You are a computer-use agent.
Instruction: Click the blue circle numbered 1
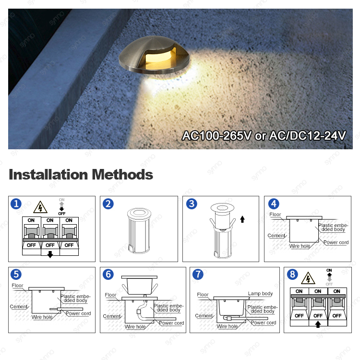16,204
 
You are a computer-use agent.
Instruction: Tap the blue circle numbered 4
274,204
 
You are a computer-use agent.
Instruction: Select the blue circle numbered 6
108,275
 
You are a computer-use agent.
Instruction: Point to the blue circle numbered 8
292,275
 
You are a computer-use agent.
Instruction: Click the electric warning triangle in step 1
40,207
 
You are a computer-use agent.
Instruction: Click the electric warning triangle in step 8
308,278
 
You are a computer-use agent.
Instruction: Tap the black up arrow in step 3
242,219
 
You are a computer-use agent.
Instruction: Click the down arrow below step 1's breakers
50,254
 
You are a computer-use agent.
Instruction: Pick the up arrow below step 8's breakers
318,324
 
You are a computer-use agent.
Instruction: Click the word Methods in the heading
122,175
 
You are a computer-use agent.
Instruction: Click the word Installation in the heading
48,175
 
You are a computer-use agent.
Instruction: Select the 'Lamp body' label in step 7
260,293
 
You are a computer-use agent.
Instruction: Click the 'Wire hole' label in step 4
300,246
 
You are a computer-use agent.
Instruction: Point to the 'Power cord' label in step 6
171,323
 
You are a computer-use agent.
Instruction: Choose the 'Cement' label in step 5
18,307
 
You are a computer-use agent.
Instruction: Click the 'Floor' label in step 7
203,294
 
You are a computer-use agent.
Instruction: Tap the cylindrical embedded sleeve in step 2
139,230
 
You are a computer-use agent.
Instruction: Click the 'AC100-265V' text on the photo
216,135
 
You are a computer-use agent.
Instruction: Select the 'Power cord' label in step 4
336,242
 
